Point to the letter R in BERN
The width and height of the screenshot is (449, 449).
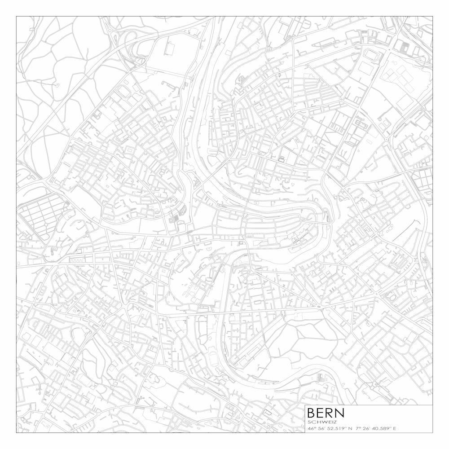tap(331, 412)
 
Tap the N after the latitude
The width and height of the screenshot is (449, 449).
tap(349, 428)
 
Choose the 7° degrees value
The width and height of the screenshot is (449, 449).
tap(358, 428)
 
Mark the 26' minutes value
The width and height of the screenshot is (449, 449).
tap(366, 428)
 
